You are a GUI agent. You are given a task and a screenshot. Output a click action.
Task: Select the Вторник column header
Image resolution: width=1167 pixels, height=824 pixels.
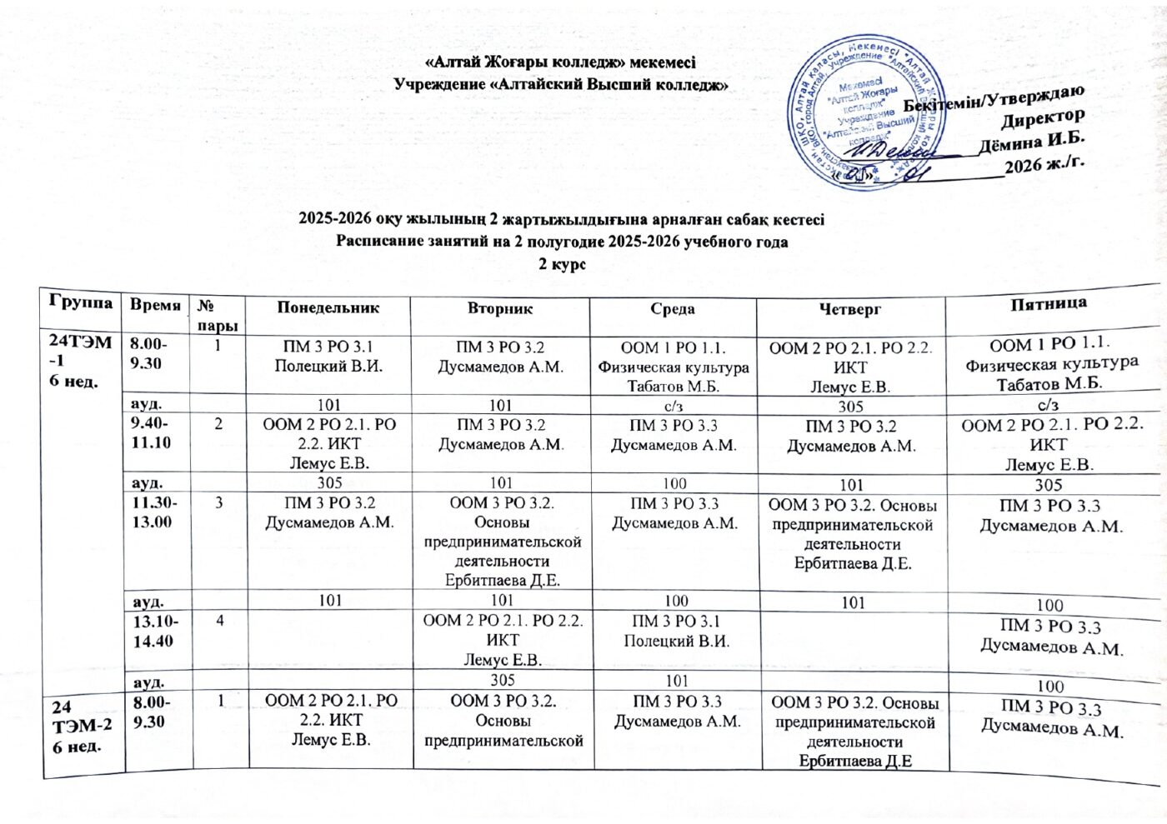500,308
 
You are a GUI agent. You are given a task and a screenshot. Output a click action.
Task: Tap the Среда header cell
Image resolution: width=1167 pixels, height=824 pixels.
673,309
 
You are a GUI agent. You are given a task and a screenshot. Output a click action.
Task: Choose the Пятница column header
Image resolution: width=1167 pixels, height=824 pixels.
1049,303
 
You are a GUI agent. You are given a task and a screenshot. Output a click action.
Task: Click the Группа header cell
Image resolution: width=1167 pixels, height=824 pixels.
81,301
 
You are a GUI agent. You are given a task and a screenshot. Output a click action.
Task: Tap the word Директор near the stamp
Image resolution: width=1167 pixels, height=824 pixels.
1042,118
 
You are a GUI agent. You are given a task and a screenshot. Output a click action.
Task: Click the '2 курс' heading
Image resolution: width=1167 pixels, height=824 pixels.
561,264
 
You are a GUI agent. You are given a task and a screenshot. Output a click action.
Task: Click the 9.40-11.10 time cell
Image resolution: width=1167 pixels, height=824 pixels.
153,433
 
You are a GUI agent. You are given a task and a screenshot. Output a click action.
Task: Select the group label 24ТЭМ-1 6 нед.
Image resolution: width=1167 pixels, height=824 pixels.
80,360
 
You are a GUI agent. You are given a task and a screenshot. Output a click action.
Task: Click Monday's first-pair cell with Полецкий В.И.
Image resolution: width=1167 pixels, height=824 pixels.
328,357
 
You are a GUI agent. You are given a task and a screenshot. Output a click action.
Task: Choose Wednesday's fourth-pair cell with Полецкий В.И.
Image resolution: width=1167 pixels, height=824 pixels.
676,632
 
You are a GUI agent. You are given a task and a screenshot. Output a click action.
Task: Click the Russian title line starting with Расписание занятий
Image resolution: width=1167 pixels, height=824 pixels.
561,242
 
